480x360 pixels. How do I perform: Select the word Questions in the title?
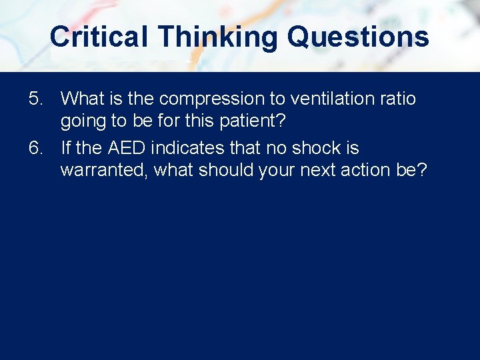point(358,37)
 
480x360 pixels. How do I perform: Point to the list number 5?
point(37,99)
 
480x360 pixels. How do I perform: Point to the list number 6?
point(37,147)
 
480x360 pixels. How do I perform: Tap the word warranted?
point(104,170)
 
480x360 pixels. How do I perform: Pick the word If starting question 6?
point(66,147)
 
